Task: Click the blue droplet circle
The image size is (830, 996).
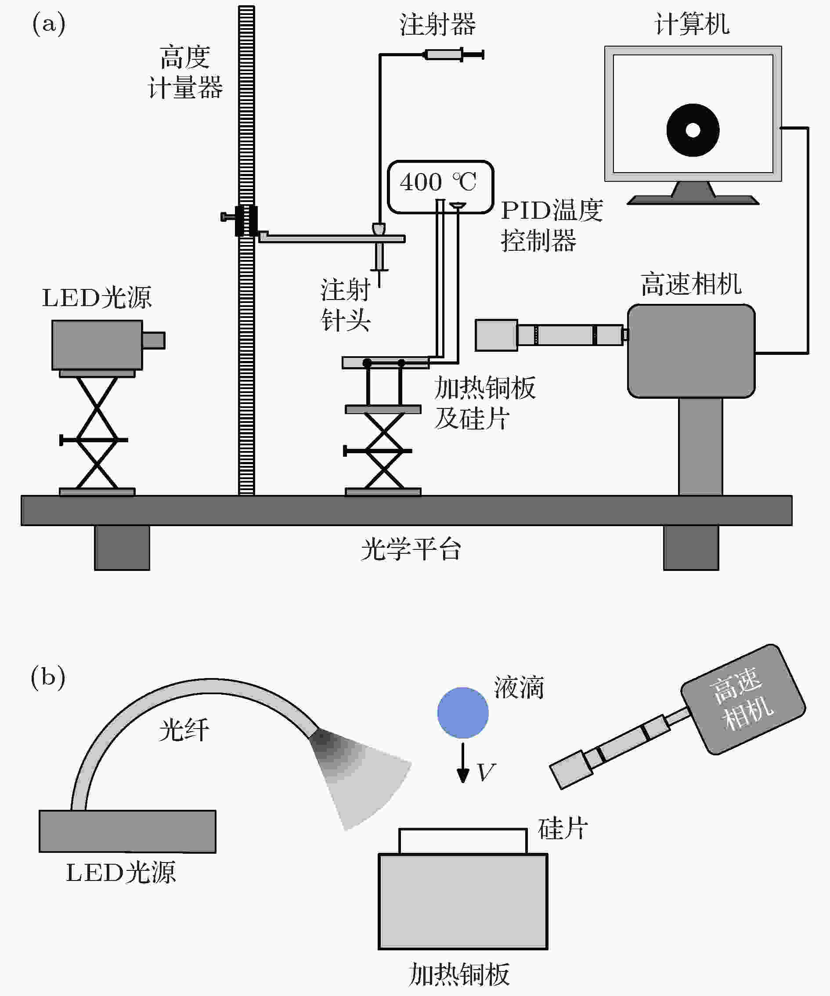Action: point(462,713)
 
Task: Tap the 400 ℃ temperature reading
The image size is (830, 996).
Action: point(438,182)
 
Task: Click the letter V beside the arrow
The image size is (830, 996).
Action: point(486,772)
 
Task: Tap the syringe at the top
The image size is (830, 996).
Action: point(453,54)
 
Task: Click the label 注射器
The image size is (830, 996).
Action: point(437,24)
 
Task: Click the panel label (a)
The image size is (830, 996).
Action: point(49,24)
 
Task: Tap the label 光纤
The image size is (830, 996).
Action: point(184,729)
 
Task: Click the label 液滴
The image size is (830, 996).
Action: point(519,687)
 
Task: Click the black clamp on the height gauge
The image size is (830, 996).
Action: point(246,220)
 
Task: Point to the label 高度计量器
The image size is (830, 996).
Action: point(185,72)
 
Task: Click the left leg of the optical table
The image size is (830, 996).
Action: point(122,547)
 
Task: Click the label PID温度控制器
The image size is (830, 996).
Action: point(552,225)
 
